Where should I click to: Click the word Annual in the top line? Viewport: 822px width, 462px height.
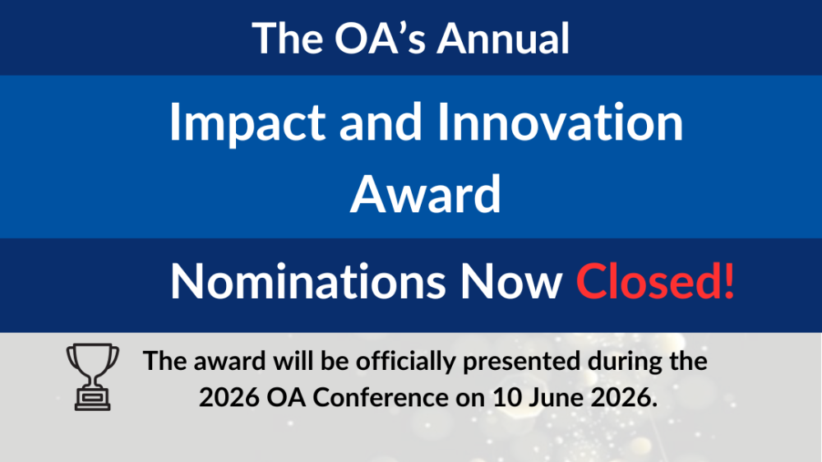(x=503, y=39)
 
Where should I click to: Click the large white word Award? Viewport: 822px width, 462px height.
(x=425, y=195)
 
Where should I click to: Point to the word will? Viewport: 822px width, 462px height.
(x=285, y=362)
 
